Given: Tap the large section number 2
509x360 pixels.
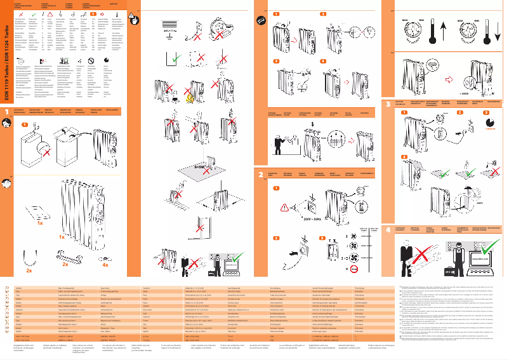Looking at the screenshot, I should pyautogui.click(x=260, y=174).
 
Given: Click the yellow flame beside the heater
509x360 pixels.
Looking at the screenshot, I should pyautogui.click(x=189, y=97).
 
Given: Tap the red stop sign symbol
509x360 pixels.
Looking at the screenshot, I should pyautogui.click(x=91, y=62).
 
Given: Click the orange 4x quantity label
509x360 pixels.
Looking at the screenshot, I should pyautogui.click(x=105, y=265).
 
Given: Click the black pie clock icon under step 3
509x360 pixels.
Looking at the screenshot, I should pyautogui.click(x=491, y=121).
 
